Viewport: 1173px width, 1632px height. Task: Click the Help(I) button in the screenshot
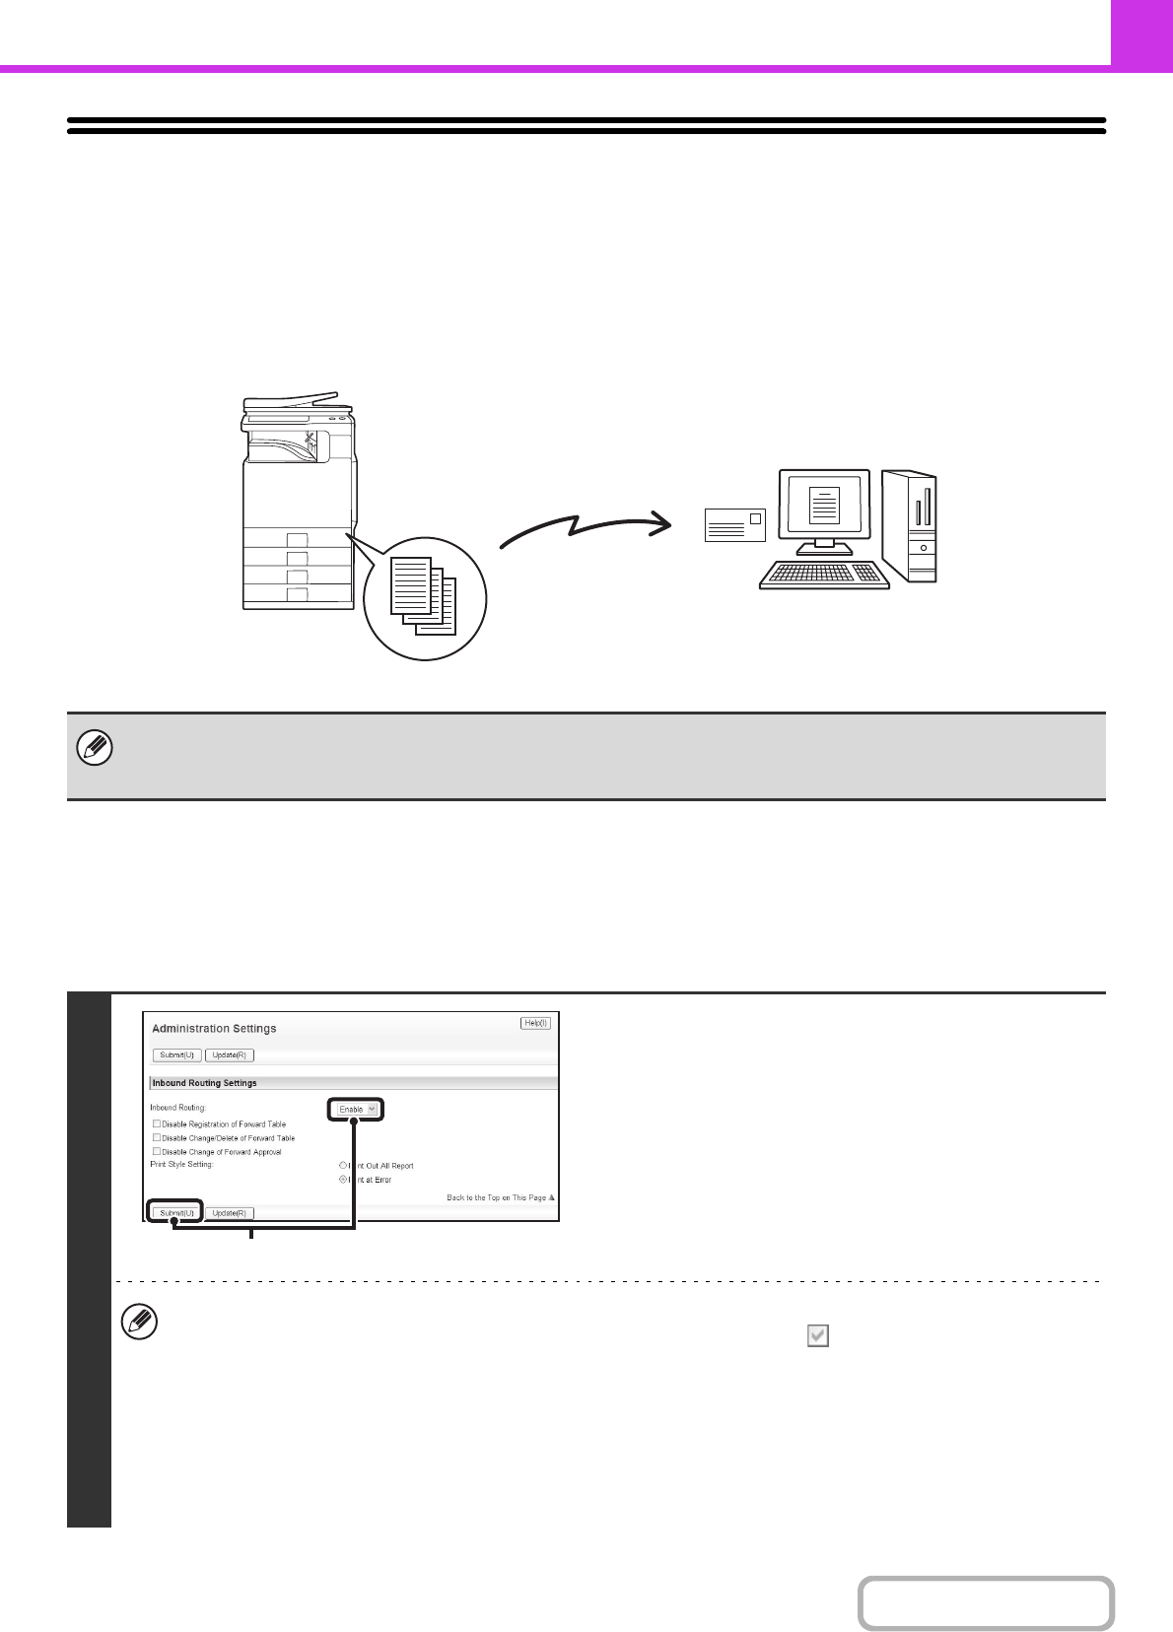pos(535,1023)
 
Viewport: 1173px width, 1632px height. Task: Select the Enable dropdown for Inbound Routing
pos(356,1109)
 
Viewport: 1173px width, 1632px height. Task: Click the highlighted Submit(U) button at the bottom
pos(176,1212)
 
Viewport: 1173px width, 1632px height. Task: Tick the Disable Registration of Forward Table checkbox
pos(157,1123)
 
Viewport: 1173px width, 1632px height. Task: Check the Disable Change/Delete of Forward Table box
pos(157,1137)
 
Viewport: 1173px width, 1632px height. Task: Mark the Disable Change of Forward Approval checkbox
pos(157,1151)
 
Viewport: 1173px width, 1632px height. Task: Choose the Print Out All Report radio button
pos(343,1165)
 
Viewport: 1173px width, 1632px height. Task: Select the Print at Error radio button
pos(343,1179)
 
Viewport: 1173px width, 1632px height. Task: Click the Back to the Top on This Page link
pos(500,1197)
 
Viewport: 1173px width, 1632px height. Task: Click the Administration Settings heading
pos(214,1028)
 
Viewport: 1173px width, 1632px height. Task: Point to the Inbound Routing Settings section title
pos(204,1082)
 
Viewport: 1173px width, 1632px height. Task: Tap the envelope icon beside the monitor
pos(734,525)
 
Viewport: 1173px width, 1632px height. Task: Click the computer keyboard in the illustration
pos(824,575)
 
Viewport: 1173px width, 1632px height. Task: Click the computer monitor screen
pos(824,505)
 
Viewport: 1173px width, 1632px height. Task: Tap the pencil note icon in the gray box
pos(95,749)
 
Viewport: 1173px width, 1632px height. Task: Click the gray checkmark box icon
pos(817,1335)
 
